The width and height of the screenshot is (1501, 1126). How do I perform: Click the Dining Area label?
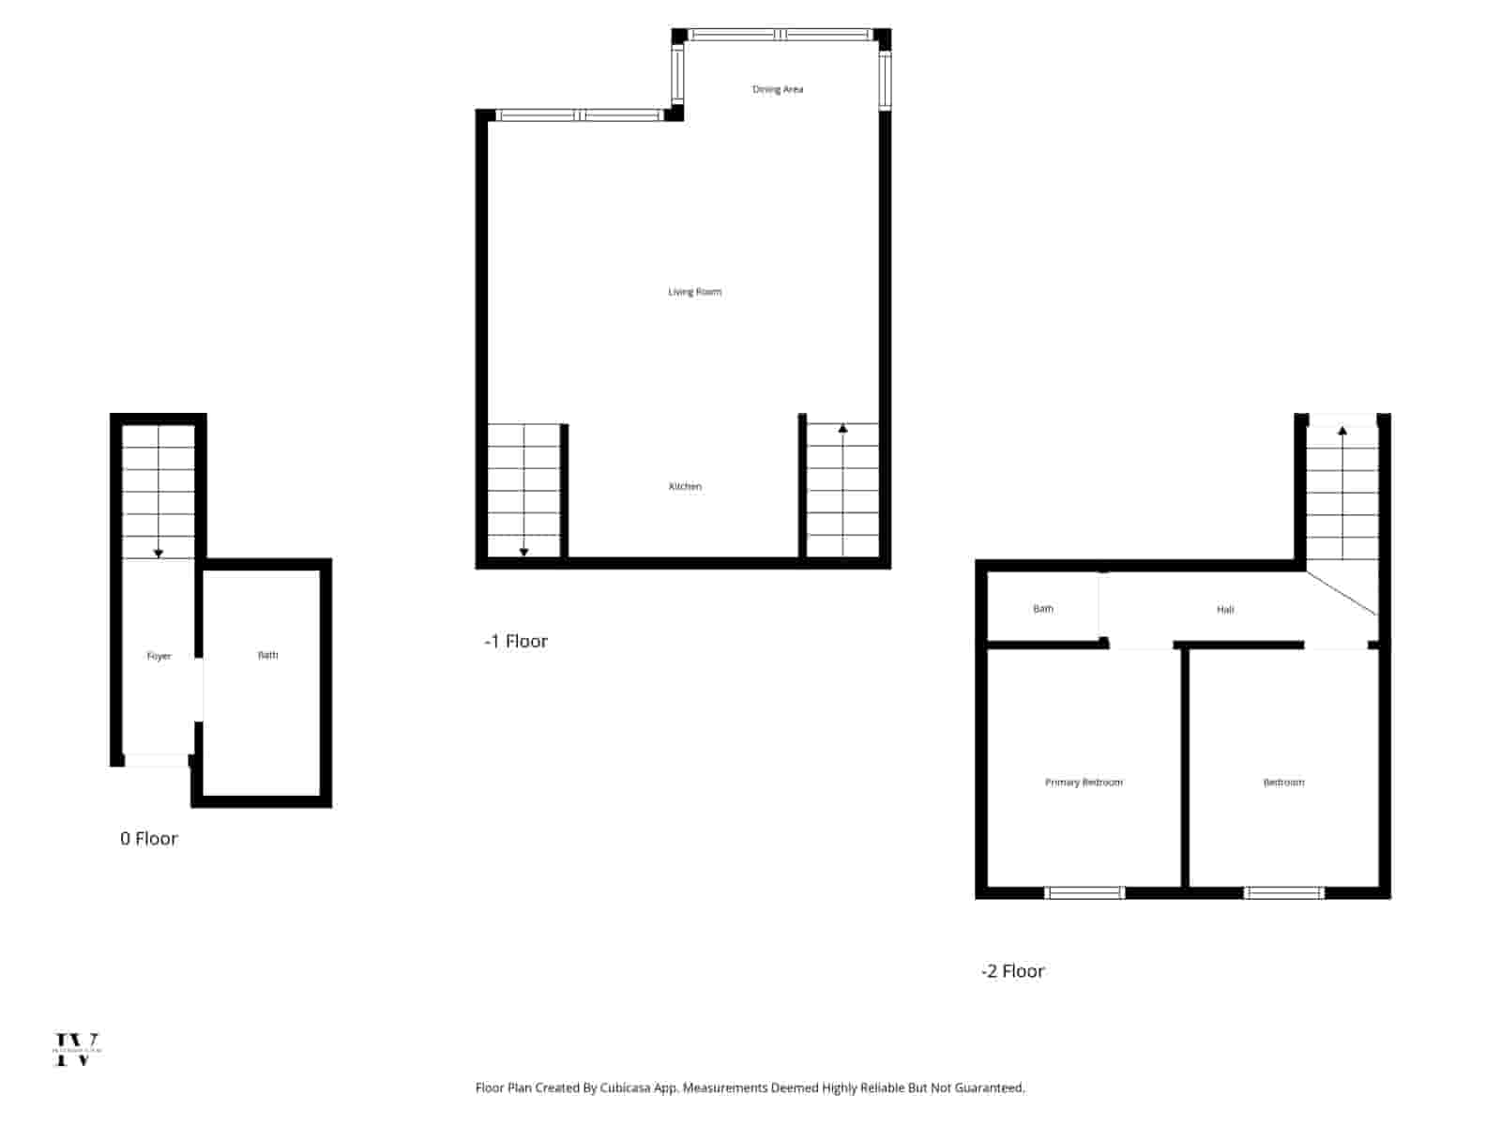point(778,89)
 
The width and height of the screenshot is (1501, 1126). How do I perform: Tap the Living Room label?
point(694,292)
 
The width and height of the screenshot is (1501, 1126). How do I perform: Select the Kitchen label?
point(685,486)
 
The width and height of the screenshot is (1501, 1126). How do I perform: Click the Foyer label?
point(159,656)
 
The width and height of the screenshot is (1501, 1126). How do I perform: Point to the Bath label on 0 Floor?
point(268,655)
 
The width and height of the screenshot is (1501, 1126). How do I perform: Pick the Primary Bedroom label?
point(1084,783)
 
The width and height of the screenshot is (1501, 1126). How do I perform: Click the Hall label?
point(1225,610)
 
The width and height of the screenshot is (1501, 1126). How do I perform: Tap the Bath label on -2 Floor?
point(1043,609)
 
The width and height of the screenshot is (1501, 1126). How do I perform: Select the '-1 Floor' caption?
point(516,642)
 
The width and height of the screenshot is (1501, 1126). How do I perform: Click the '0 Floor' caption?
point(148,839)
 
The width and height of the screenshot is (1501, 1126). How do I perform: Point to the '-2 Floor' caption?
point(1012,971)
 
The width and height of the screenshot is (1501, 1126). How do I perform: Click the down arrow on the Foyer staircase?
point(159,553)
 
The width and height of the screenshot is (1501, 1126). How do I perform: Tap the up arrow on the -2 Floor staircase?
point(1342,431)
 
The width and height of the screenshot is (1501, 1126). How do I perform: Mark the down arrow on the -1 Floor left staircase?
point(523,551)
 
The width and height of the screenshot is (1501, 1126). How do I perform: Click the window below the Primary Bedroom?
point(1084,892)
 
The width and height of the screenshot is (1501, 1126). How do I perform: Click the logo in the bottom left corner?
point(77,1049)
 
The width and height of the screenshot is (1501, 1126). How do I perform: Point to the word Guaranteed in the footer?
point(990,1088)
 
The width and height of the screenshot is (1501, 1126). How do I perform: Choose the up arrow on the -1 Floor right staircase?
point(842,429)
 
